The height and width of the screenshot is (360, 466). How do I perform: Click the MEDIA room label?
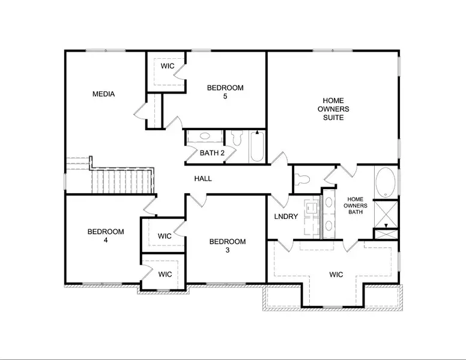103,94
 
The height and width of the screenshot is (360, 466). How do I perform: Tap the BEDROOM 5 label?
225,92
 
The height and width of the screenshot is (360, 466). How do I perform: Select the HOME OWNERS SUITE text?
333,109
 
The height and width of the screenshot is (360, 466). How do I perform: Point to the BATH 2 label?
212,153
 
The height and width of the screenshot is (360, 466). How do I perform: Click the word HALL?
202,179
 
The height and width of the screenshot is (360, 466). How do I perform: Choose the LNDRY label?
286,217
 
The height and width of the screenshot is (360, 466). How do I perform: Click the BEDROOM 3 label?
227,246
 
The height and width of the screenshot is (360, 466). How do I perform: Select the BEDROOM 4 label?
106,236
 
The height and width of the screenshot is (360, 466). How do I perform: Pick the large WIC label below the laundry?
336,275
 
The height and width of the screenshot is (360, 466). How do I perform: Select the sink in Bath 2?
204,137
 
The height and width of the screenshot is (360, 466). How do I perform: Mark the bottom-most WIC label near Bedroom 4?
165,274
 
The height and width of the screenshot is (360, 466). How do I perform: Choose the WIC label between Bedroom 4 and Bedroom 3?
165,236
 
